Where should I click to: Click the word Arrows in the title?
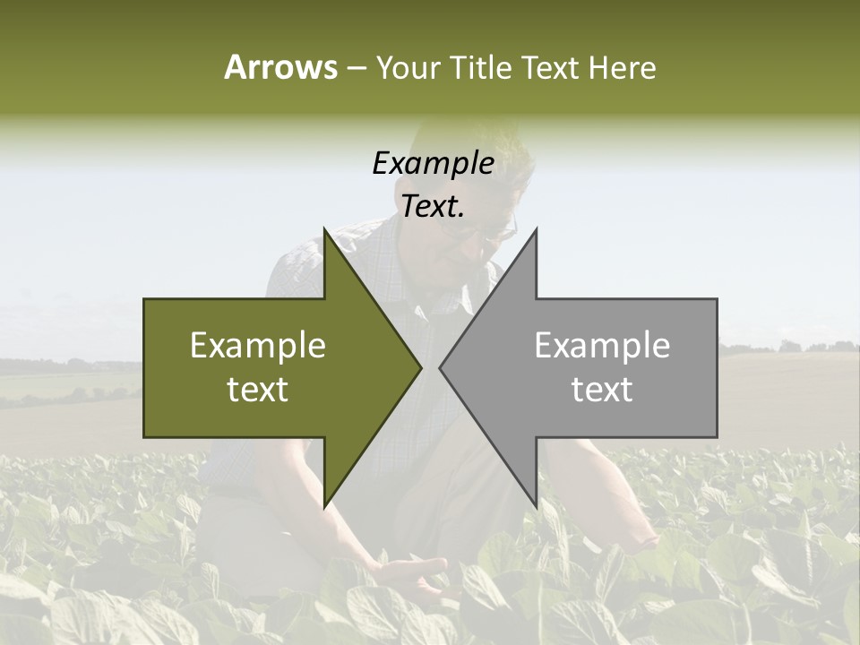pos(280,67)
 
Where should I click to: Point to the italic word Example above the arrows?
pos(433,163)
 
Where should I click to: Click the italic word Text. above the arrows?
pos(433,207)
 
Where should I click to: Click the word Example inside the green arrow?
pos(258,346)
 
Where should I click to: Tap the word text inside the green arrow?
pos(258,390)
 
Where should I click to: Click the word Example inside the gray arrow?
pos(602,346)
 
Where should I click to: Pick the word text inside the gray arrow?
pos(602,390)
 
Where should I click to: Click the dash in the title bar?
pos(356,68)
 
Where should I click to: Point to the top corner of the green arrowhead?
pos(324,229)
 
